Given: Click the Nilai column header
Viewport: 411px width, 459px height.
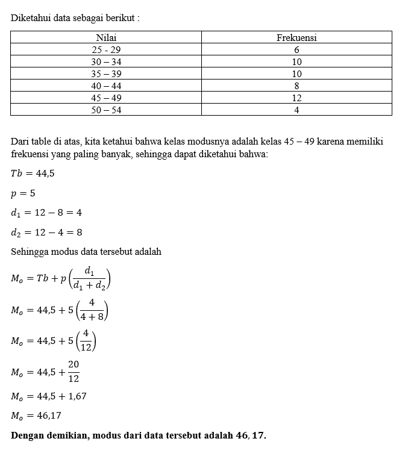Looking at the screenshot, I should coord(106,37).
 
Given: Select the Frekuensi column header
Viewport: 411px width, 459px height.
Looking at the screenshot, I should coord(296,37).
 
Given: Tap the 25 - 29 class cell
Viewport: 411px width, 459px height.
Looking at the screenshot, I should coord(106,49).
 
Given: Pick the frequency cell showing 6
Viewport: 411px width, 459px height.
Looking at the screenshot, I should coord(296,49).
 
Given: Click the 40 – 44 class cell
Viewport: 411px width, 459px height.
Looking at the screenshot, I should coord(106,86).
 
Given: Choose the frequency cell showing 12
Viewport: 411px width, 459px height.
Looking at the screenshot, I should coord(296,98).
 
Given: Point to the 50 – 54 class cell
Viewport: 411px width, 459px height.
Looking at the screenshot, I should coord(106,110).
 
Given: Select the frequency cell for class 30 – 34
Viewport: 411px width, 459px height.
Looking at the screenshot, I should coord(296,61).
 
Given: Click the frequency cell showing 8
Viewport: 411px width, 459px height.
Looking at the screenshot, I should coord(296,86).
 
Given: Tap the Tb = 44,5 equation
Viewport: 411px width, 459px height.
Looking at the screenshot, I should coord(33,173).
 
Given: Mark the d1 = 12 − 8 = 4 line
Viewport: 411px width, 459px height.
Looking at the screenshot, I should coord(46,213).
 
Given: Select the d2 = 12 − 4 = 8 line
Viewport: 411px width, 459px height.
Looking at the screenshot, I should coord(46,232).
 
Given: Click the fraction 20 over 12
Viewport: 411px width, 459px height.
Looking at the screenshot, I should coord(74,372).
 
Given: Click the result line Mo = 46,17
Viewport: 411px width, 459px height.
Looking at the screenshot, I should coord(36,416).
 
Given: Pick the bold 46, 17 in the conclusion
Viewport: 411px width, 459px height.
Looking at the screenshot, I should coord(252,435).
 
